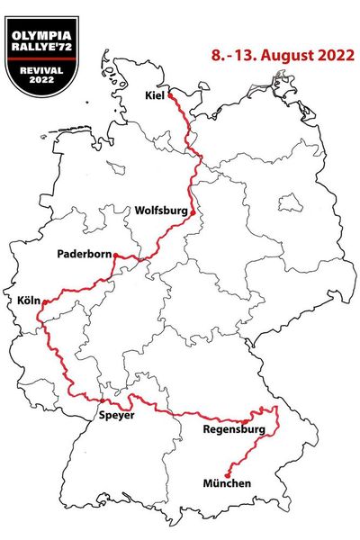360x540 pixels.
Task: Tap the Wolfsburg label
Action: click(x=161, y=211)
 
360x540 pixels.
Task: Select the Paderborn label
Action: click(x=84, y=255)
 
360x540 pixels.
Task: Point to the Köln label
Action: click(x=28, y=301)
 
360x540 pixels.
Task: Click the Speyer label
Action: click(x=117, y=416)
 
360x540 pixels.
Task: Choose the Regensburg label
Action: click(x=229, y=430)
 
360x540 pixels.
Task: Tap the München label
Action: click(x=227, y=484)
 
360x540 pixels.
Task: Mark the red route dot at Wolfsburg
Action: click(x=192, y=212)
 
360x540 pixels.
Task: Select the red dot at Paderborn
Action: click(x=115, y=256)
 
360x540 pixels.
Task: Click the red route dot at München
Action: click(x=228, y=472)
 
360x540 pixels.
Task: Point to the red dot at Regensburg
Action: click(x=245, y=421)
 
